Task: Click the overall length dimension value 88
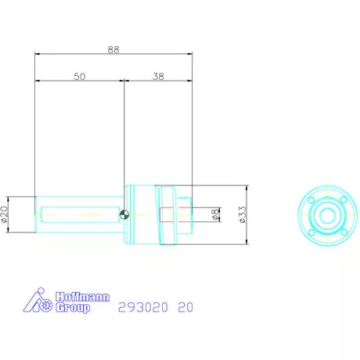pos(113,49)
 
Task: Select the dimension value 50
pos(80,77)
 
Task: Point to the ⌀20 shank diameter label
pos(5,214)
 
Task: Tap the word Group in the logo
pos(74,308)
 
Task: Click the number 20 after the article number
pos(185,307)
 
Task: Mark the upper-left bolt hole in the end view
pos(311,201)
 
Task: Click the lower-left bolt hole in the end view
pos(311,227)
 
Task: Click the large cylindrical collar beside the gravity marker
pos(141,214)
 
